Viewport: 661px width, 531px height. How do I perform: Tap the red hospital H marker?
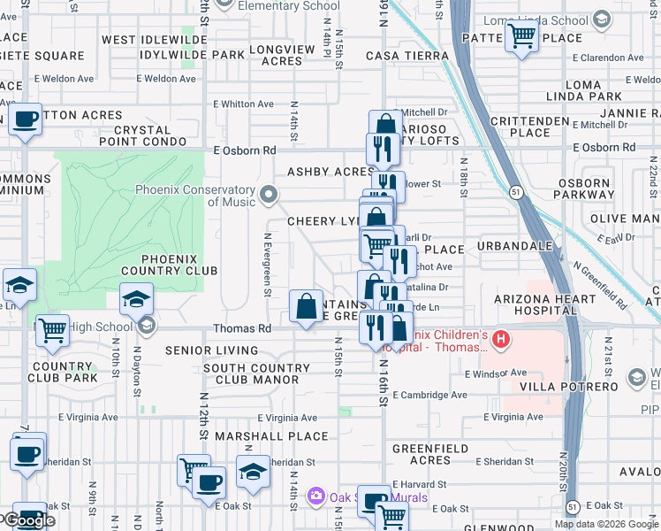click(501, 339)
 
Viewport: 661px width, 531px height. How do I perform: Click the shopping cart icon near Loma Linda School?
click(521, 36)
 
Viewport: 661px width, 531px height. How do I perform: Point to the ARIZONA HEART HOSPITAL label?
click(534, 305)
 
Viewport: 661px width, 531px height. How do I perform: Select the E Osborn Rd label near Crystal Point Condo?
click(245, 150)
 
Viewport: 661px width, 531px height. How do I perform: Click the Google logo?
click(30, 520)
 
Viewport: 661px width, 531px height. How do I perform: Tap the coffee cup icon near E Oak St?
click(209, 483)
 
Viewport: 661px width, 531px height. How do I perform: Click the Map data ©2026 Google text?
click(605, 524)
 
